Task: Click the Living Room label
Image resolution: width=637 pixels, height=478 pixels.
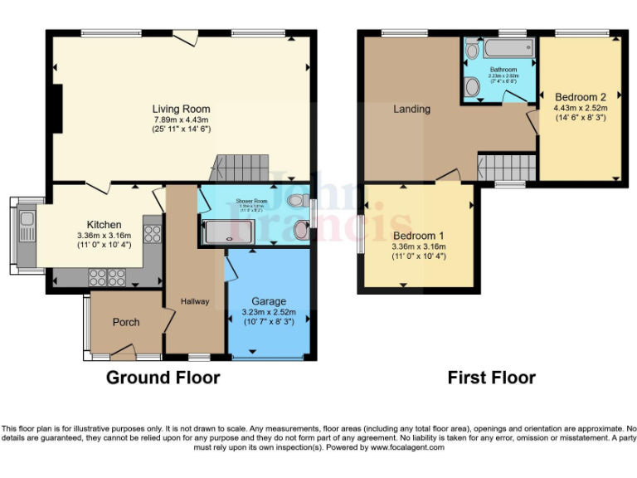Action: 180,109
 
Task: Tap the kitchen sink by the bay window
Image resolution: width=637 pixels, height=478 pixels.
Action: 26,220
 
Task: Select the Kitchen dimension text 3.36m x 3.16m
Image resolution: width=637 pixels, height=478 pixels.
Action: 105,235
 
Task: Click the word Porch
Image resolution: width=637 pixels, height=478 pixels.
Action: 126,322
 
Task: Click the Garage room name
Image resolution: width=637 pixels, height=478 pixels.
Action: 269,301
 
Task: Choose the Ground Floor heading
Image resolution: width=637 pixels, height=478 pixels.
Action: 163,378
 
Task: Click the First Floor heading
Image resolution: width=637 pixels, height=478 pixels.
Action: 491,378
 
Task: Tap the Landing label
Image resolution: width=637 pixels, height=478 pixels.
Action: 411,109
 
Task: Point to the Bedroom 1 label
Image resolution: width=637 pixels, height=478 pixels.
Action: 419,236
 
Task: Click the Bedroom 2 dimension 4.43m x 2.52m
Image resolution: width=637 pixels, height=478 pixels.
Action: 581,107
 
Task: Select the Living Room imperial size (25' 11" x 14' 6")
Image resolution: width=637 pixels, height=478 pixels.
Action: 180,129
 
